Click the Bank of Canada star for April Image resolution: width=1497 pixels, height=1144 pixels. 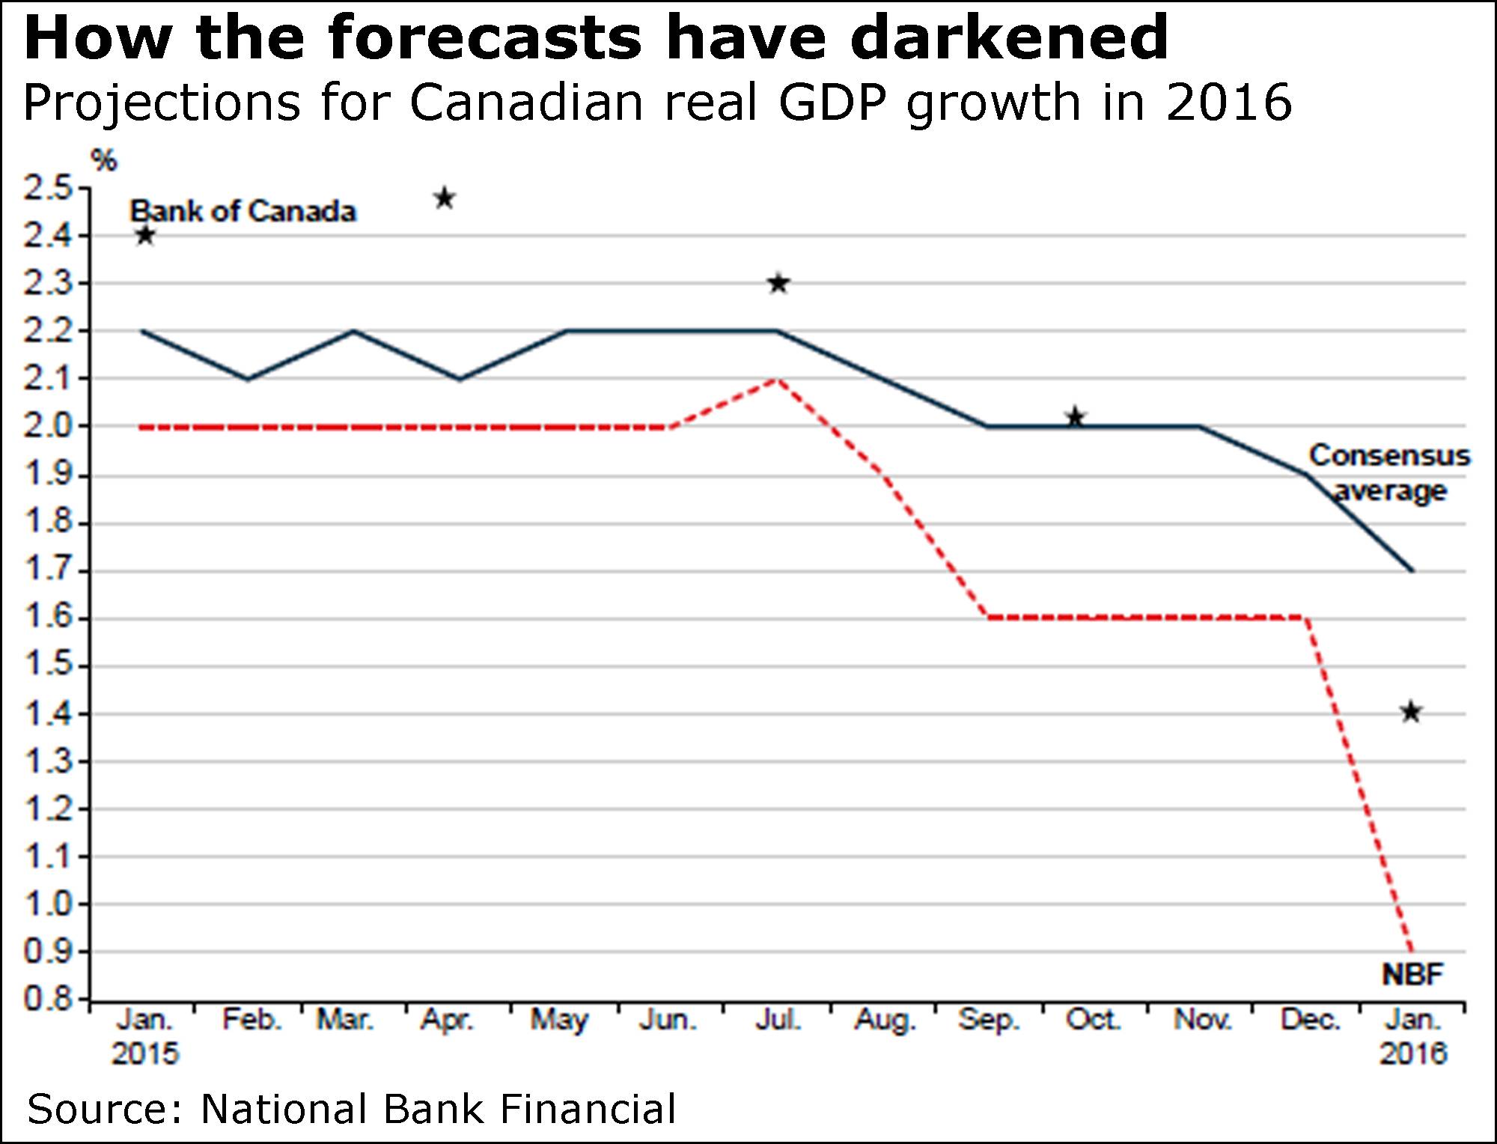point(445,199)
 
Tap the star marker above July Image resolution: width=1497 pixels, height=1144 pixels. point(778,284)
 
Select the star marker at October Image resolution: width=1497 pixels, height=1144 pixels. point(1076,417)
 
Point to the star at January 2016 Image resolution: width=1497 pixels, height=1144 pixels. point(1411,712)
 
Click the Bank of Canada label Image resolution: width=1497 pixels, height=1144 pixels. point(243,212)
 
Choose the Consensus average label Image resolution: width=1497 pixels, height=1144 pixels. point(1389,473)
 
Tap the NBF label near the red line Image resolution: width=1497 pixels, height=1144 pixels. point(1412,974)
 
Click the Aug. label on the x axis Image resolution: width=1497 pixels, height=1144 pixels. point(885,1020)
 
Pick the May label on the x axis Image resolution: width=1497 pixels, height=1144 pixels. point(559,1020)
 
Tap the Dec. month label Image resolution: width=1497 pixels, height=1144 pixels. point(1310,1020)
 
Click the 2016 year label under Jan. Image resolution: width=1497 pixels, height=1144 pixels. point(1413,1054)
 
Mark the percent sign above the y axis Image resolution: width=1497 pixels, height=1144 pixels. point(104,160)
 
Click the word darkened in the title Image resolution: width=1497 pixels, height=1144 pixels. point(1009,37)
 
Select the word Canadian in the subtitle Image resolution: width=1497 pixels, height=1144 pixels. point(526,103)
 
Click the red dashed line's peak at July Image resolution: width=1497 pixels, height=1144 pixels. point(778,379)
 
